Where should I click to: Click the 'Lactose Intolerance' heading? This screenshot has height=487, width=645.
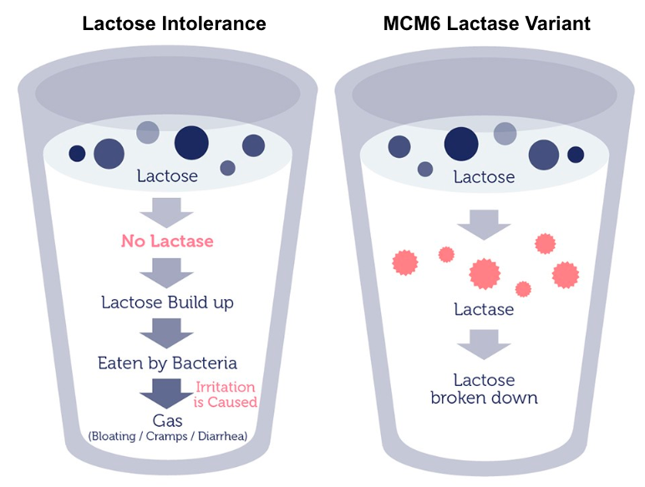(x=174, y=23)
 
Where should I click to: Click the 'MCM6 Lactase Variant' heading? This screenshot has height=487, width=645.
(x=486, y=23)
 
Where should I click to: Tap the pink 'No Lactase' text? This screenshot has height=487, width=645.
(x=167, y=241)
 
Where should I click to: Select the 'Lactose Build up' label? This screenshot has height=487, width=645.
(x=167, y=302)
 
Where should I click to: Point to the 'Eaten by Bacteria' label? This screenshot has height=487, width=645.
(x=167, y=363)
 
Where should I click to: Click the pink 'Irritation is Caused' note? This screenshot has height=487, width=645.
(x=226, y=394)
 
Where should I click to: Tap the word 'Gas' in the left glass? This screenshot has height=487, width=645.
(x=167, y=421)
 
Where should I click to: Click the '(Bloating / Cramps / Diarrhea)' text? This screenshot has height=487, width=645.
(x=168, y=436)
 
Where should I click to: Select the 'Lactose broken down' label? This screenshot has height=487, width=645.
(x=484, y=388)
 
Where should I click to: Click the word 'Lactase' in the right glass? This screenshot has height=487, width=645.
(x=484, y=309)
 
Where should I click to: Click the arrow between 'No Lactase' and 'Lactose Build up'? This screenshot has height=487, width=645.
(x=166, y=273)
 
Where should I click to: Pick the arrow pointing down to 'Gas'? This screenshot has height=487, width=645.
(x=166, y=393)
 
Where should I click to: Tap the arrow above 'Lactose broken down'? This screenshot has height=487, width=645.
(x=484, y=344)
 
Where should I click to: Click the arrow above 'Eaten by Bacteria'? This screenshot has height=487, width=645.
(x=166, y=333)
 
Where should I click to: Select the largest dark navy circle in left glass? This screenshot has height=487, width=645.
(x=191, y=143)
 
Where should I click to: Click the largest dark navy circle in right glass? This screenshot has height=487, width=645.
(x=461, y=144)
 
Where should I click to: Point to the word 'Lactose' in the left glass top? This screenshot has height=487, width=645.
(x=167, y=176)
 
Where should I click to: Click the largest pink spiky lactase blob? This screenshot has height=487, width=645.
(x=485, y=274)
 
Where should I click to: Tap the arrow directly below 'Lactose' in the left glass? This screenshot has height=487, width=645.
(x=166, y=213)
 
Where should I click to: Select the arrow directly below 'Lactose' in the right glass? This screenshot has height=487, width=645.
(x=484, y=225)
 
